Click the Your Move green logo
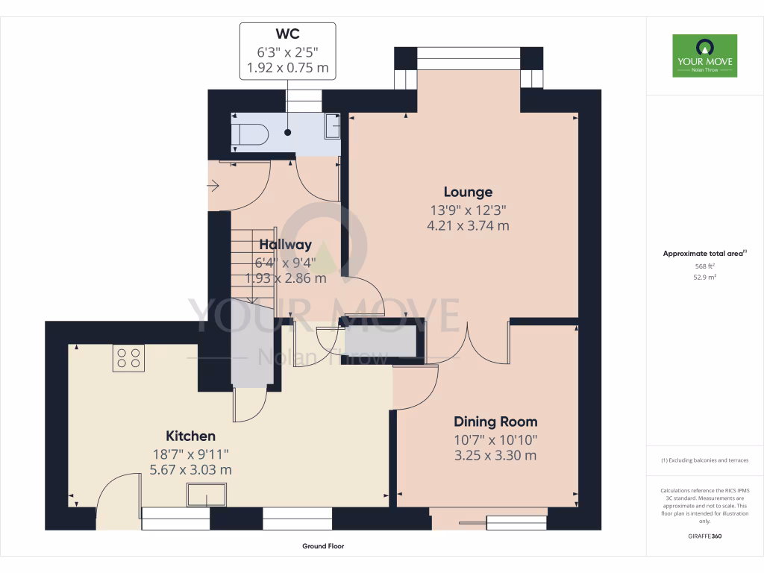coord(704,56)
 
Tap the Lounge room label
coord(468,192)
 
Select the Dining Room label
coord(495,422)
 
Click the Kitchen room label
coord(190,436)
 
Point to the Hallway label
coord(285,245)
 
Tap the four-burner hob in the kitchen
coord(128,358)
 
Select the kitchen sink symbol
coord(207,495)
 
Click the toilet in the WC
coord(249,135)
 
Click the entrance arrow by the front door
coord(213,185)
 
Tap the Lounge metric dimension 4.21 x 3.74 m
coord(468,226)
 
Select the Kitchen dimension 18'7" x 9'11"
coord(190,454)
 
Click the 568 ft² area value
coord(704,266)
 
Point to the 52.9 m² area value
coord(704,277)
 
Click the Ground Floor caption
coord(323,546)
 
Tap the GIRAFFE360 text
coord(704,536)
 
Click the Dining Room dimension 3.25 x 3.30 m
coord(495,456)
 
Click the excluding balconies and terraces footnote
coord(704,460)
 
